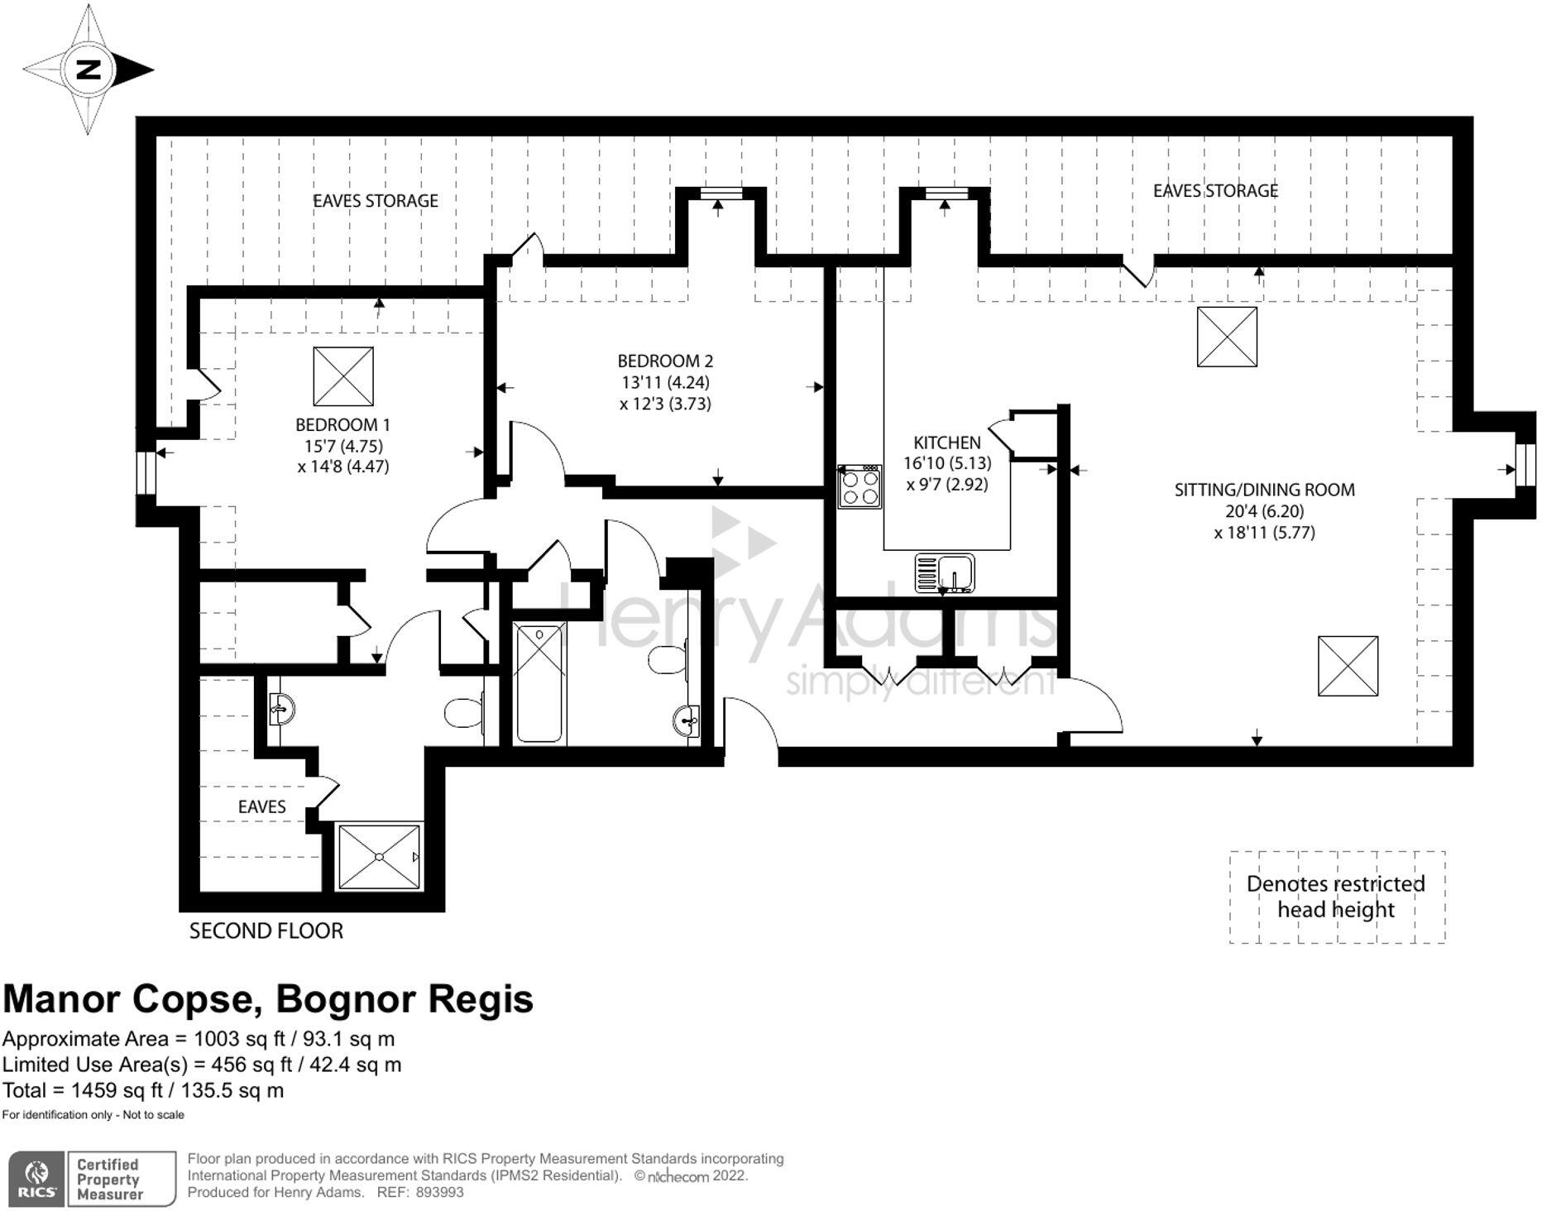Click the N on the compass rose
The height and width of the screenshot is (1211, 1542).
tap(89, 69)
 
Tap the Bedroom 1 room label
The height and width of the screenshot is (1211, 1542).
tap(342, 424)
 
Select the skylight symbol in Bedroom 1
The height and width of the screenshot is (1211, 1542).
tap(343, 376)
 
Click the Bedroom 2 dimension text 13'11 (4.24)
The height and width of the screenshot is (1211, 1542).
tap(665, 382)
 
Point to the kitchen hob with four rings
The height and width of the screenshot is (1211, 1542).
tap(860, 486)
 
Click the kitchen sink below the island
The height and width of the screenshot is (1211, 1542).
tap(946, 572)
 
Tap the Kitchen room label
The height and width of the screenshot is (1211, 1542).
tap(946, 443)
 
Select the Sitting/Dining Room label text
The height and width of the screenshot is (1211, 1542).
tap(1264, 489)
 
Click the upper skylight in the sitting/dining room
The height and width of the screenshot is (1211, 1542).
tap(1227, 337)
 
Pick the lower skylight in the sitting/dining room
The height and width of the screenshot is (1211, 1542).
tap(1348, 666)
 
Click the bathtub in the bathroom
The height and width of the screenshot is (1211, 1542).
tap(540, 683)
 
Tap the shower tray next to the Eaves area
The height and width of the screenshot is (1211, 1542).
tap(379, 857)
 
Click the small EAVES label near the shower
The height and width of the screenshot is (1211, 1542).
tap(261, 807)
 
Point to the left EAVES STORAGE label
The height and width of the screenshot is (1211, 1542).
tap(375, 201)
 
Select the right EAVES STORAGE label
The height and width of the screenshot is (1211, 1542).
tap(1215, 191)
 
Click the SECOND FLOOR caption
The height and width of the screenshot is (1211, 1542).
tap(266, 931)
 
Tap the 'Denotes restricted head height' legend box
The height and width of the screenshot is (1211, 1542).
tap(1336, 897)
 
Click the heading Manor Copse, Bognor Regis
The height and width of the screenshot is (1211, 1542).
tap(268, 998)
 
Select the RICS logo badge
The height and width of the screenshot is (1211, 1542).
tap(36, 1179)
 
